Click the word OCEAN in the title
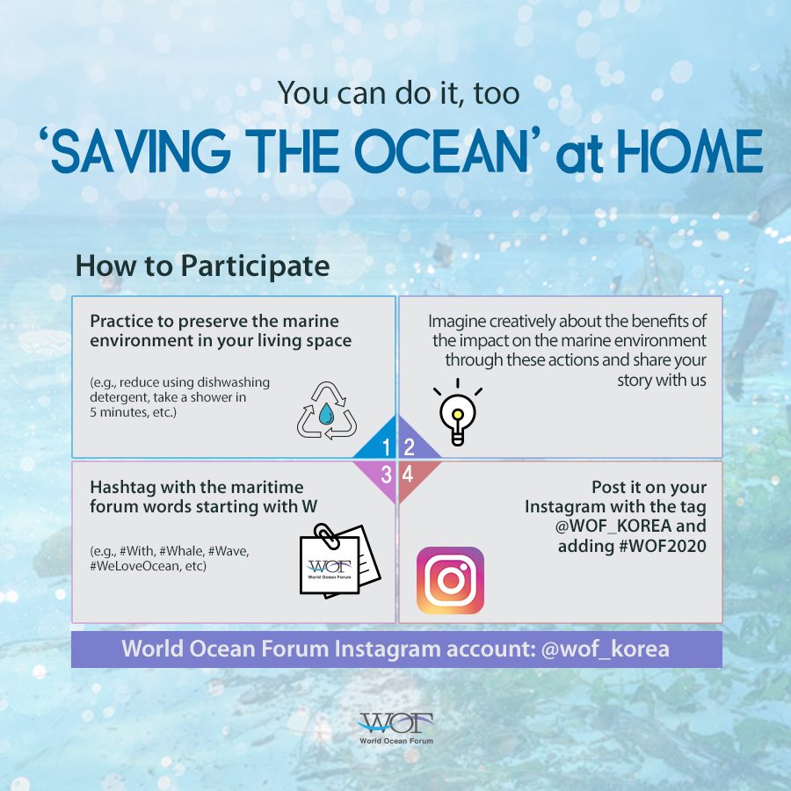tap(441, 151)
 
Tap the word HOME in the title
tap(690, 151)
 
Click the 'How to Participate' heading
tap(202, 265)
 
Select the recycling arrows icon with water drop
tap(327, 410)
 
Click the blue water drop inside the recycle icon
tap(326, 413)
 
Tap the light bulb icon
tap(458, 413)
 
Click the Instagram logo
tap(450, 580)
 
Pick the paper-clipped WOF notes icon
tap(339, 561)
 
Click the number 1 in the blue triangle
tap(386, 447)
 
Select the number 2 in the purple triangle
tap(409, 447)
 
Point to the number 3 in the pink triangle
tap(387, 475)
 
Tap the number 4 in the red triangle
tap(408, 475)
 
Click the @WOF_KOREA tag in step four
tap(613, 526)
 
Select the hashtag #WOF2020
tap(663, 546)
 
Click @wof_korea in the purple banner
tap(605, 649)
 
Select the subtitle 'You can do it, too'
tap(398, 93)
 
